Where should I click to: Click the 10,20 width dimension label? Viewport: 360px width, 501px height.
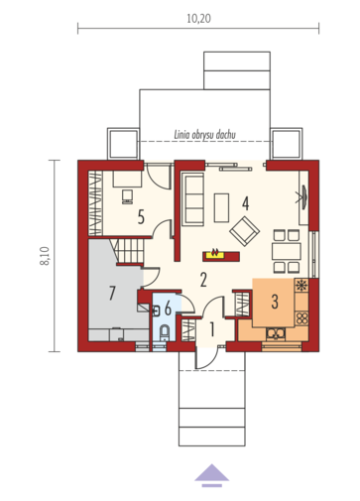tap(198, 19)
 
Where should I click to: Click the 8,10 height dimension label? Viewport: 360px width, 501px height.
tap(45, 256)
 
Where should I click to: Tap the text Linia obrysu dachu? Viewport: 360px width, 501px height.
tap(204, 135)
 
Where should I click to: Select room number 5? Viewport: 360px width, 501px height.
tap(141, 217)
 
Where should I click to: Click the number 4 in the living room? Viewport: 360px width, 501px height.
tap(245, 203)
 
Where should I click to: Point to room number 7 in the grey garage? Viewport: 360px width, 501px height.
tap(112, 293)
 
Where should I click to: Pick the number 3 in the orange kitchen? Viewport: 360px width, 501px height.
tap(275, 302)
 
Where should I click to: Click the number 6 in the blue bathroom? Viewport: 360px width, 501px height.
tap(168, 309)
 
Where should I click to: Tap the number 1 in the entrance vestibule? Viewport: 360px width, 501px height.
tap(212, 329)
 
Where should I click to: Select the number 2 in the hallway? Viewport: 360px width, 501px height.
tap(203, 280)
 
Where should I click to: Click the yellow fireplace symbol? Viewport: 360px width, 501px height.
tap(215, 254)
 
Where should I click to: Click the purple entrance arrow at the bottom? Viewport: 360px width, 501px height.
tap(211, 475)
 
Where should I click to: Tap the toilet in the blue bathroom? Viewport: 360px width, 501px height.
tap(165, 333)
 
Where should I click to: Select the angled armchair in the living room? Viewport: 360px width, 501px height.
tap(245, 231)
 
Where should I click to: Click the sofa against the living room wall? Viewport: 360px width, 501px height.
tap(192, 199)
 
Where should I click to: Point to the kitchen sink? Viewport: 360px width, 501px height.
tap(276, 334)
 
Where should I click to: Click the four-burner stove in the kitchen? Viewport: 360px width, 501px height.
tap(301, 318)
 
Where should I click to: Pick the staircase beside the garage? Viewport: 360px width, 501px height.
tap(128, 251)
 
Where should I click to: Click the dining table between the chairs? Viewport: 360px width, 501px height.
tap(287, 251)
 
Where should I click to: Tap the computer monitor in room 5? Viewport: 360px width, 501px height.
tap(127, 196)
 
